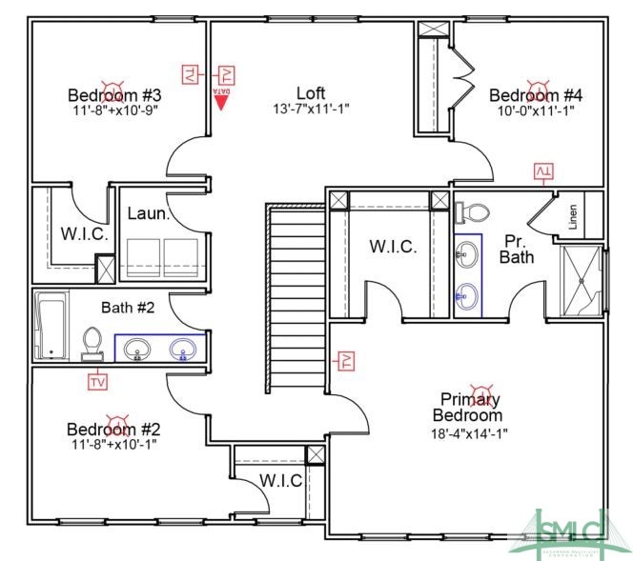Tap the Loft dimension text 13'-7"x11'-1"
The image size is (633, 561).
point(311,109)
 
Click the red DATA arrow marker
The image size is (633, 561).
point(221,99)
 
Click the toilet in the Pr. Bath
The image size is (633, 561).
point(477,212)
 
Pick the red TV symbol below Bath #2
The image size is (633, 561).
point(96,381)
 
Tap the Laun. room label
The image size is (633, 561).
point(149,214)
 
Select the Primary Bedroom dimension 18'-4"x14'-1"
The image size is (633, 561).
point(468,432)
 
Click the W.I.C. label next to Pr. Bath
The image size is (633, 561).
point(393,247)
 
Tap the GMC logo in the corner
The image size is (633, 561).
point(572,528)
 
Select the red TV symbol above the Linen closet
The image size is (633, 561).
point(543,171)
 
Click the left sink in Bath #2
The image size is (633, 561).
point(137,350)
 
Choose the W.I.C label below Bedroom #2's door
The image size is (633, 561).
point(280,480)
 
